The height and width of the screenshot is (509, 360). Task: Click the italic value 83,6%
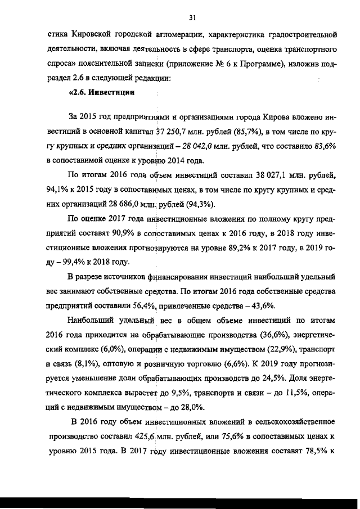coord(326,147)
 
